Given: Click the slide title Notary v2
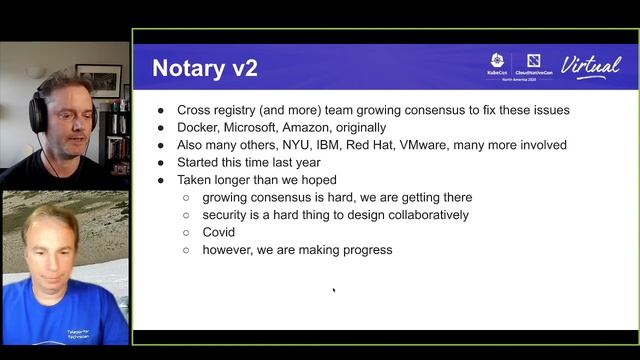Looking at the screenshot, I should (205, 68).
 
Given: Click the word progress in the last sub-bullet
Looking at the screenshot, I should (365, 250).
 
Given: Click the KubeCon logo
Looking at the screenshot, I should (497, 66).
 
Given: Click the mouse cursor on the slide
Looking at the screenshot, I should (334, 292).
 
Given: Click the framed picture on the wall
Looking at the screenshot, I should (99, 79).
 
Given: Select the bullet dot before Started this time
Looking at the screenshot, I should (163, 163).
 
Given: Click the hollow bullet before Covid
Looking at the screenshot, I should (186, 233).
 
